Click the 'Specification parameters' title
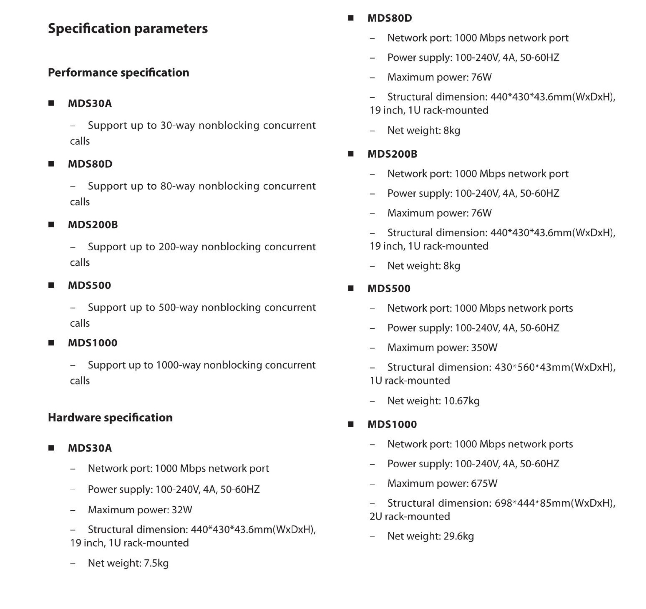coord(128,29)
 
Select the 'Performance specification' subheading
coord(118,72)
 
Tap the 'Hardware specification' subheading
coord(110,417)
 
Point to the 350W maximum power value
coord(484,348)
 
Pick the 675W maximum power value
coord(484,483)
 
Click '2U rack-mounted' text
coord(409,516)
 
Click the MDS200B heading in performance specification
coord(93,225)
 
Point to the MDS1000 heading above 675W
coord(392,424)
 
